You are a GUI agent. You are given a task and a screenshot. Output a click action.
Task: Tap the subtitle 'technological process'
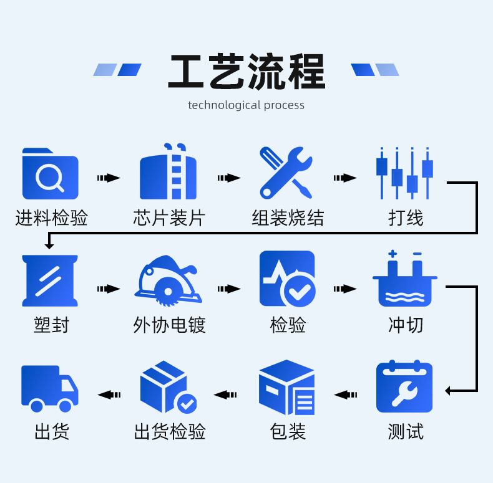tap(246, 105)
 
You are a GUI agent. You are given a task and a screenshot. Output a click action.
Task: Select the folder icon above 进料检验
tap(50, 173)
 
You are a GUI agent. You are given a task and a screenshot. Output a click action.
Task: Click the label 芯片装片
tap(168, 218)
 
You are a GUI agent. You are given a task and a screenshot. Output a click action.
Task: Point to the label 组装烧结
tap(288, 218)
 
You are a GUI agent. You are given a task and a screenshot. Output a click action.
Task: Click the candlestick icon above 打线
tap(404, 173)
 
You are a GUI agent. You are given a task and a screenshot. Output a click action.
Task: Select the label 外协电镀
tap(169, 325)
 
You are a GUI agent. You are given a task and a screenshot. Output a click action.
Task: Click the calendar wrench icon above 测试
tap(404, 387)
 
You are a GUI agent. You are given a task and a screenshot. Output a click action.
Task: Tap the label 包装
tap(288, 431)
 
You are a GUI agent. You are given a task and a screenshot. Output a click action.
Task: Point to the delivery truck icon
tap(50, 388)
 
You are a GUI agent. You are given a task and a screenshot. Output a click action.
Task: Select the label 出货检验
tap(169, 431)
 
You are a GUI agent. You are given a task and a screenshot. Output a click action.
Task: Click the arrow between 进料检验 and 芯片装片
tap(109, 178)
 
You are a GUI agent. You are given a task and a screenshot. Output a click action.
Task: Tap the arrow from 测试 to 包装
tap(346, 395)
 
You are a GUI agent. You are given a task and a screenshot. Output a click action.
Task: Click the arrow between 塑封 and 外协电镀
tap(109, 289)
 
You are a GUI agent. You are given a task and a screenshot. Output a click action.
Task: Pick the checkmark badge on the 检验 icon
tap(298, 289)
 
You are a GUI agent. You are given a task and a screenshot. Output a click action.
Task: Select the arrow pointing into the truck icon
tap(109, 395)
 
